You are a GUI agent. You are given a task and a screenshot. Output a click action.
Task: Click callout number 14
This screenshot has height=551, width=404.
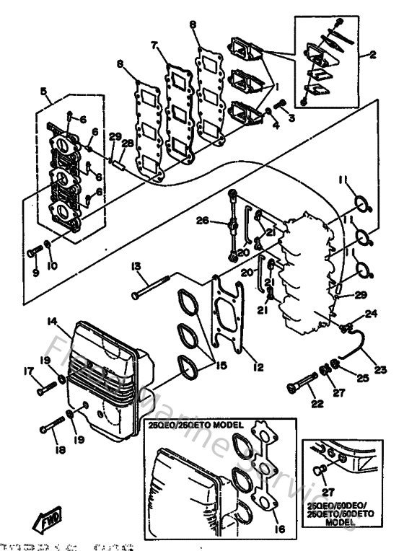pyautogui.click(x=53, y=321)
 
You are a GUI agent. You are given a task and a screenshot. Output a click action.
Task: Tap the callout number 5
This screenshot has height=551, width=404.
pyautogui.click(x=44, y=92)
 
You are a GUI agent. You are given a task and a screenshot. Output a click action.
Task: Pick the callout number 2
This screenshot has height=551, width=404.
pyautogui.click(x=374, y=54)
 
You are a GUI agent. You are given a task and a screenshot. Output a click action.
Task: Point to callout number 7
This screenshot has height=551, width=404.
pyautogui.click(x=154, y=45)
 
